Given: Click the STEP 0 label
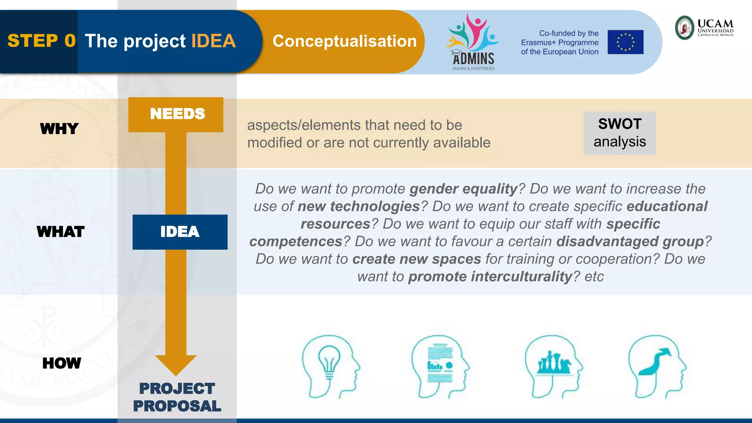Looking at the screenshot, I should [41, 41].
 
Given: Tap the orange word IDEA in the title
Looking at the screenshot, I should [213, 41].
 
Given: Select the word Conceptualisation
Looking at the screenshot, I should [344, 41].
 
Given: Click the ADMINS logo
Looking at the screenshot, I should [473, 43].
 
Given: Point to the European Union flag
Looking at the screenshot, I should [625, 42].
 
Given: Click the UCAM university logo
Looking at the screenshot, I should [704, 28].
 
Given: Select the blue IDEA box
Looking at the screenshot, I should [180, 232].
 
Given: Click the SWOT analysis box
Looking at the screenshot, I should [619, 133].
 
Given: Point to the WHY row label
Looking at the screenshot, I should [59, 129].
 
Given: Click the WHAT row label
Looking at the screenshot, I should [61, 232].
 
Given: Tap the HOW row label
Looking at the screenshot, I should [61, 363].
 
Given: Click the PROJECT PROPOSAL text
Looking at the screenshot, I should [177, 397].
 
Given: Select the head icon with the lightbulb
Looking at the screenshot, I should [330, 366].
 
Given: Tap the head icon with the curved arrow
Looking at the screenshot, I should [657, 366].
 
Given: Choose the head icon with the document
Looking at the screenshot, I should [440, 366].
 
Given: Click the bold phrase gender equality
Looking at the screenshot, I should [463, 189].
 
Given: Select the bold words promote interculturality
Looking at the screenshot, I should [491, 276].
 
